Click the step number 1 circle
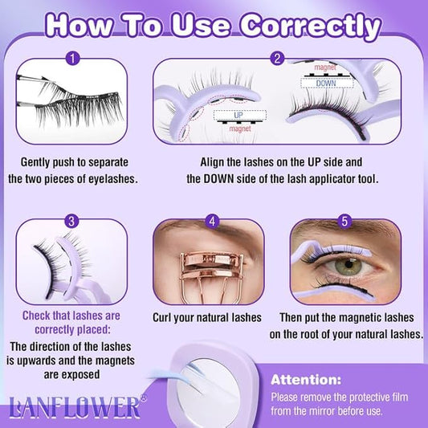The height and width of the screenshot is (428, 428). pos(74,58)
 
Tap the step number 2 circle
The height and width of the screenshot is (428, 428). pos(278,58)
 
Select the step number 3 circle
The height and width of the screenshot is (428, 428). pos(74,219)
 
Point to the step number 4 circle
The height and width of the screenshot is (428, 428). pos(213,219)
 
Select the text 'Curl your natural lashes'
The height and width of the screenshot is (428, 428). pos(207,317)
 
